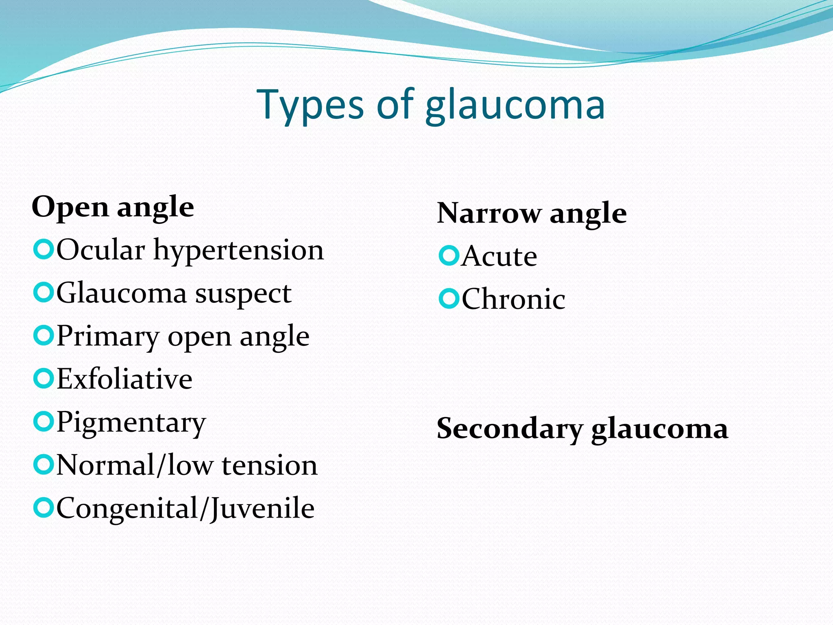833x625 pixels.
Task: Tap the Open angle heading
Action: pos(113,207)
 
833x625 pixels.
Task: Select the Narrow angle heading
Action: pos(532,213)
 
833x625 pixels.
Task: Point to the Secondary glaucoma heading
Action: pos(582,428)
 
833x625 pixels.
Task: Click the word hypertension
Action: pos(238,250)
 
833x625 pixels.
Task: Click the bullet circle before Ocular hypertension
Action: pos(43,249)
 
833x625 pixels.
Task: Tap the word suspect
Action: pos(243,293)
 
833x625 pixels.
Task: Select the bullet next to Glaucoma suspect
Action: pos(43,293)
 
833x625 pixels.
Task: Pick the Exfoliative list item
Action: pos(124,379)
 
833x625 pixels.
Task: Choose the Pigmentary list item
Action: pos(131,423)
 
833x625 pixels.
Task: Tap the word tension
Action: pos(269,465)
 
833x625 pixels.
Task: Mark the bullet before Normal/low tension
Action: pos(43,465)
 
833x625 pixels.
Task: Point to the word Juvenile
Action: pos(263,509)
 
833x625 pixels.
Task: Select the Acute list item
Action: pos(499,256)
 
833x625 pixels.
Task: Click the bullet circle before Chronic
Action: pos(449,299)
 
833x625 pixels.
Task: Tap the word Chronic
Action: pos(513,299)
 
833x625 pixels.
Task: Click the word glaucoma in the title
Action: pos(515,105)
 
